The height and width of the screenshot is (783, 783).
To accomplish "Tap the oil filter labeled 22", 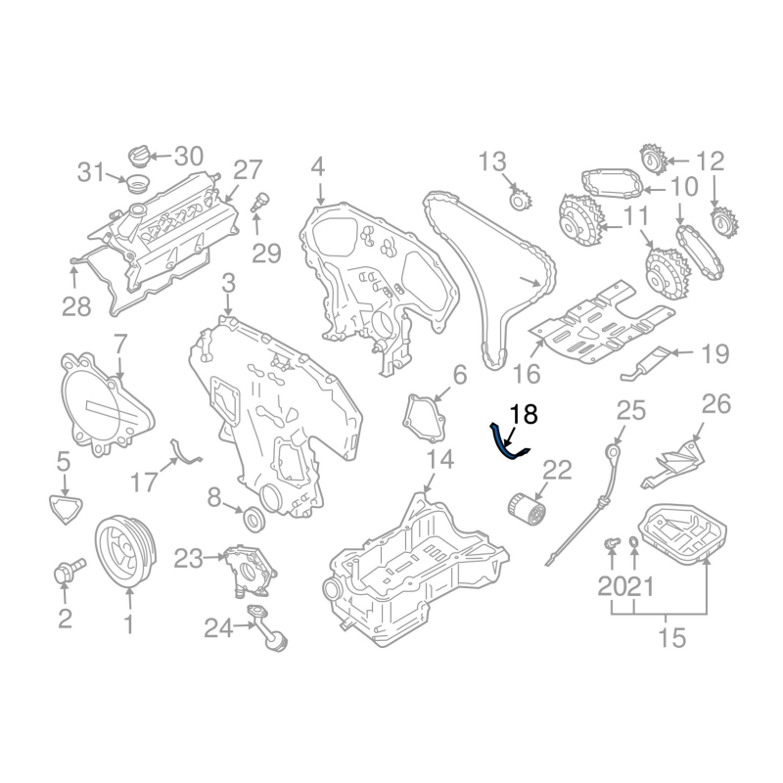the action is click(527, 511).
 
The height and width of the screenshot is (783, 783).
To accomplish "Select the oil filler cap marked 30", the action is click(138, 156).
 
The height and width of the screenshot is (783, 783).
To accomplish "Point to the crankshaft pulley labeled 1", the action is click(125, 552).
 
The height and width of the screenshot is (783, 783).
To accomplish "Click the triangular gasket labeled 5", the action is click(66, 508).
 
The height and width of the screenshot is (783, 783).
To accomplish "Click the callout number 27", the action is click(248, 169).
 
